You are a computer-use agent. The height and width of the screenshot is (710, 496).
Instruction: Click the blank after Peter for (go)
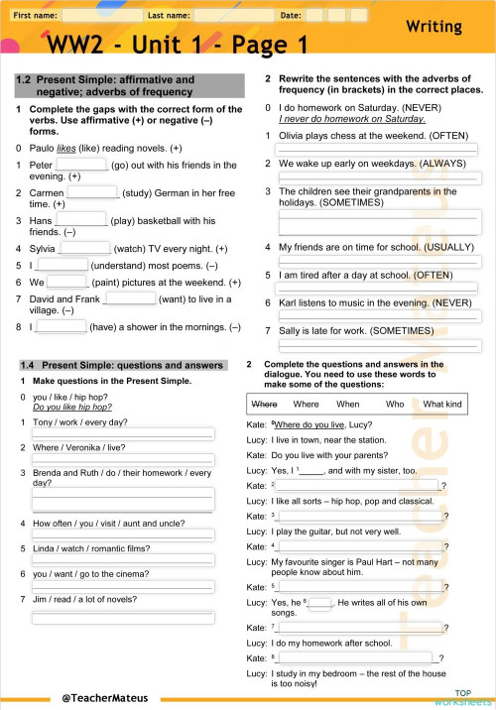click(81, 165)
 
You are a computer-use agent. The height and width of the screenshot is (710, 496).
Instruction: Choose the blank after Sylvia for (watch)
click(86, 248)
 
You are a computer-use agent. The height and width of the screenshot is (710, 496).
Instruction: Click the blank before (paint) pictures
click(67, 282)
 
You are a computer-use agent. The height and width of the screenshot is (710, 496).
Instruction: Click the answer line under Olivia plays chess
click(378, 149)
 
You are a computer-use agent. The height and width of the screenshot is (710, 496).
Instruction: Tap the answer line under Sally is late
click(378, 343)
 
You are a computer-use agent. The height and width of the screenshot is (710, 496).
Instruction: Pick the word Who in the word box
click(395, 404)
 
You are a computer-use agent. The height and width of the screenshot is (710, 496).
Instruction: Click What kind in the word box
click(442, 404)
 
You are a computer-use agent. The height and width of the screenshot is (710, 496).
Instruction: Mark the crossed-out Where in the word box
click(264, 404)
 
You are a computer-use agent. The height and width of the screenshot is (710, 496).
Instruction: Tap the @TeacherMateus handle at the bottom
click(103, 697)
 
